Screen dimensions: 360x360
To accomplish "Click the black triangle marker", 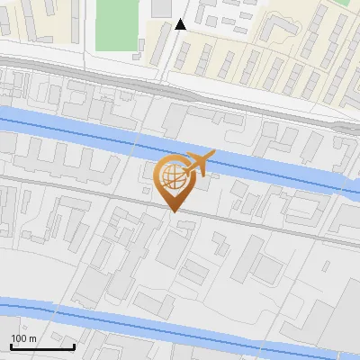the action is point(181,24).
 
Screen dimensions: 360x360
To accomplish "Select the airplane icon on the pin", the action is point(200,163).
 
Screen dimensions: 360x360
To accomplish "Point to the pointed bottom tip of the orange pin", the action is point(173,211).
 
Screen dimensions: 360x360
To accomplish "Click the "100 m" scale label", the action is point(23,338).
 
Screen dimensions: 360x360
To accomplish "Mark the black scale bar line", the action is point(42,346).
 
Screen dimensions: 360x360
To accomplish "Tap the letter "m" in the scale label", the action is point(31,338).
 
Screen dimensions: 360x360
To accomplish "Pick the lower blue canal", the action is point(180,334).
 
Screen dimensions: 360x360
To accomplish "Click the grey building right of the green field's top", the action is point(161,7).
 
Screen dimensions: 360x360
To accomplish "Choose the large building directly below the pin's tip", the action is point(174,247).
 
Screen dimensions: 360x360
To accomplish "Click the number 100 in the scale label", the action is point(19,338).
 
